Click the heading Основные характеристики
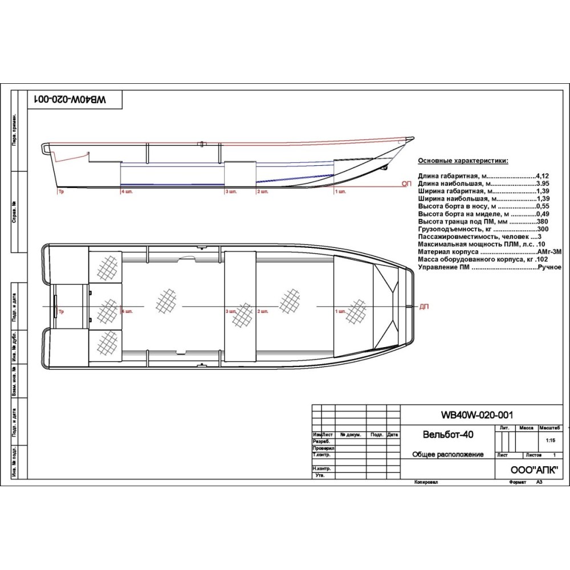coord(463,161)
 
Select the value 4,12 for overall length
coord(542,176)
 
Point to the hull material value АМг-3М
coord(549,251)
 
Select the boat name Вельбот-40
coord(448,434)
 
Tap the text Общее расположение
coord(448,454)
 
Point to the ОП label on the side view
coord(406,184)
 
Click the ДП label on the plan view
coord(424,306)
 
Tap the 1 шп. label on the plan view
coord(341,312)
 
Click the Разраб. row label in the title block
coord(322,441)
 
